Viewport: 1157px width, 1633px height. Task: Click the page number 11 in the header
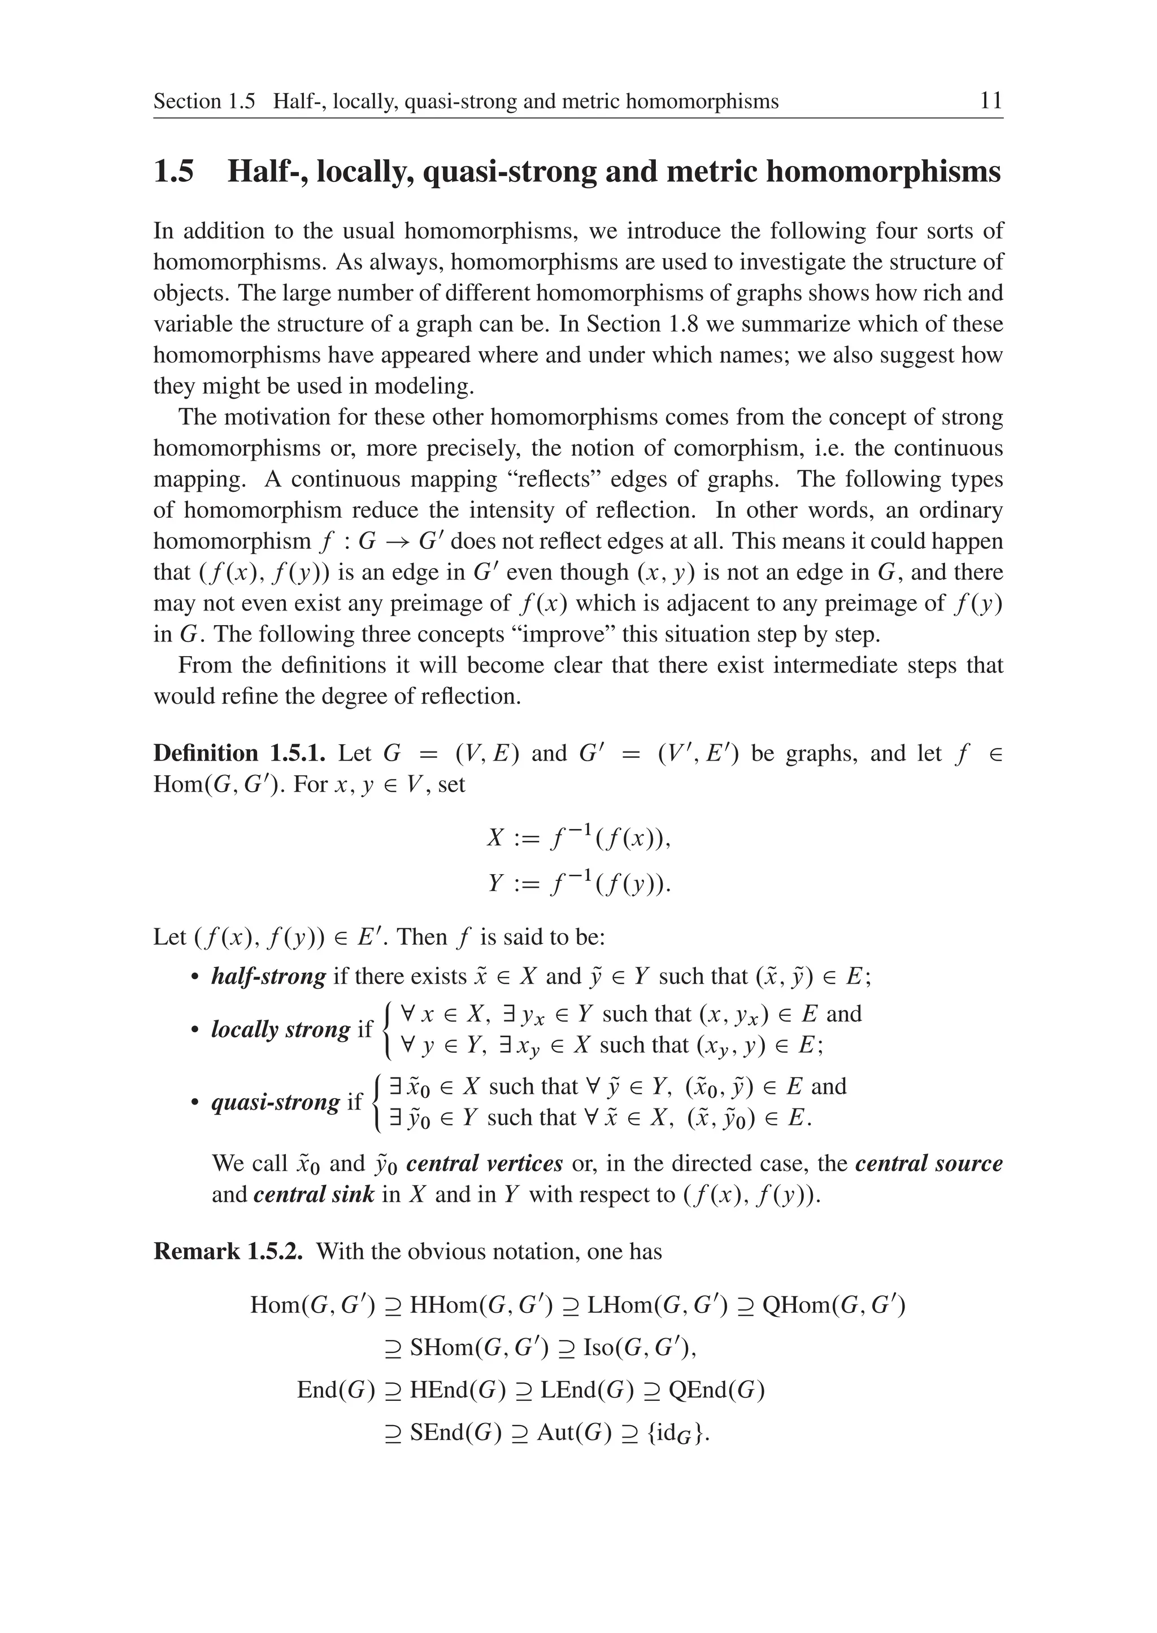(x=991, y=101)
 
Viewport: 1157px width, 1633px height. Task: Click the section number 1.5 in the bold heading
(x=174, y=172)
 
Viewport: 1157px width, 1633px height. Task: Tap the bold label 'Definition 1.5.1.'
(x=240, y=753)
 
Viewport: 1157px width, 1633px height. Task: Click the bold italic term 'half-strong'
(x=268, y=976)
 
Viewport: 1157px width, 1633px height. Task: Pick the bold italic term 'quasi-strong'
(x=276, y=1102)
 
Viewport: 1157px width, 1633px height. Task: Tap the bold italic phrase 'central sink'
(x=314, y=1194)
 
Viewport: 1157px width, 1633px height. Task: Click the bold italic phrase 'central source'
(x=928, y=1164)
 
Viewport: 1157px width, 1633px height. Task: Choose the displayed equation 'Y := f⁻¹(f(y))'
(x=578, y=884)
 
